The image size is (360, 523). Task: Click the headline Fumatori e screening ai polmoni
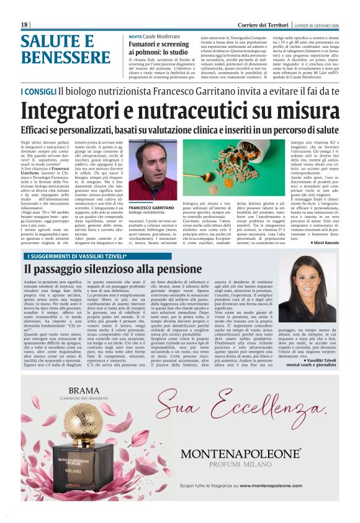click(x=159, y=48)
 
